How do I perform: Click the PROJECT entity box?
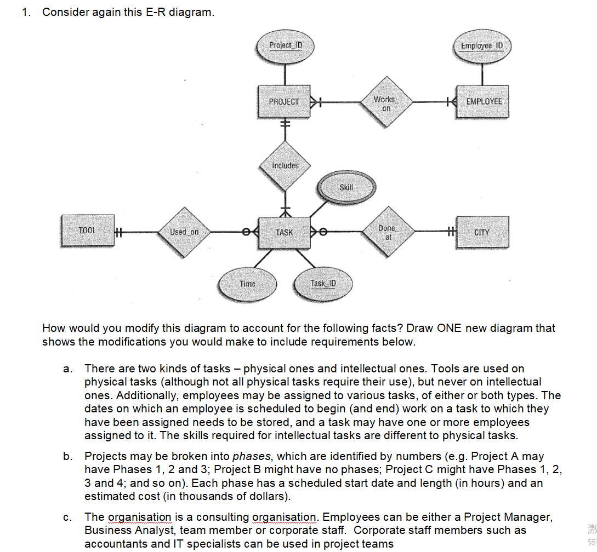click(284, 101)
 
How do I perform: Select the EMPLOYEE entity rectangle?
click(483, 101)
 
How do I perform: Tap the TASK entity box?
click(284, 232)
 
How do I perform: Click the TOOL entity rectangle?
click(87, 231)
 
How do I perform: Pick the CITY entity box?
click(481, 232)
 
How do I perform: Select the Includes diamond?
click(285, 165)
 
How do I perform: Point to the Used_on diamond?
click(184, 232)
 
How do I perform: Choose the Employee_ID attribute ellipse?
click(484, 45)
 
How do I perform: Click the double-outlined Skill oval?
click(346, 187)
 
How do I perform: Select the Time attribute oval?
click(247, 283)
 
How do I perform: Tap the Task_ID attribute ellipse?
click(323, 283)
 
